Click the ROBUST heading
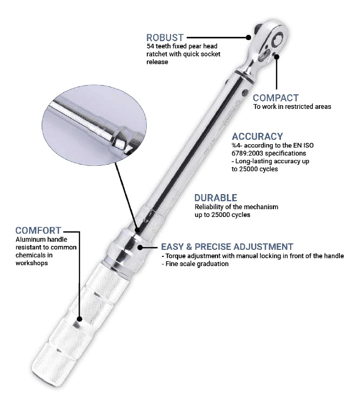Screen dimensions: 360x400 (x=165, y=38)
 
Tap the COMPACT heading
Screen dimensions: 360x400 (x=276, y=98)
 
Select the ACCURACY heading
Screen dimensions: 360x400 (x=257, y=137)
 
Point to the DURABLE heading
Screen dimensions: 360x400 (x=215, y=198)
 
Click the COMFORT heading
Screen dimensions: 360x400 (x=38, y=230)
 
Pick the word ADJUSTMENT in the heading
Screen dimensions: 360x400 (x=263, y=247)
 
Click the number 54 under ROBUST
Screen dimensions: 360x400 (x=150, y=47)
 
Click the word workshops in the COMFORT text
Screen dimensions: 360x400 (x=31, y=263)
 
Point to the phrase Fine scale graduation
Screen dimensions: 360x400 (x=197, y=264)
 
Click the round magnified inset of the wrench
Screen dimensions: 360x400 (x=94, y=126)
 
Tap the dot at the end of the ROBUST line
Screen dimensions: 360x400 (x=248, y=37)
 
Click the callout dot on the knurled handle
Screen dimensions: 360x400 (x=80, y=319)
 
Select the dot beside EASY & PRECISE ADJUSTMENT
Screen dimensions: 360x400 (x=140, y=248)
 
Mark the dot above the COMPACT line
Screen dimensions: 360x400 (x=277, y=56)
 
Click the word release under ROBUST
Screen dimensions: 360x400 (x=157, y=62)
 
